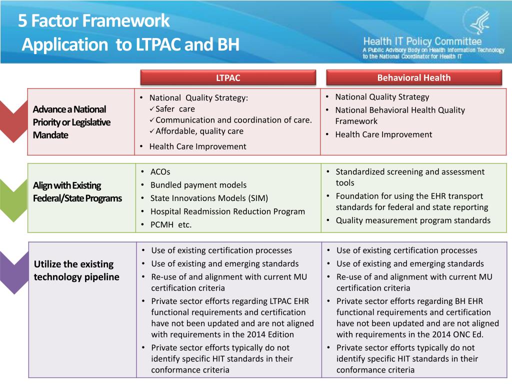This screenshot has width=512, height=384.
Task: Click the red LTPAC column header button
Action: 228,77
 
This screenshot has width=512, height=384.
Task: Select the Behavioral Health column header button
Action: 413,77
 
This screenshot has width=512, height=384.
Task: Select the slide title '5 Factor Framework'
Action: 94,21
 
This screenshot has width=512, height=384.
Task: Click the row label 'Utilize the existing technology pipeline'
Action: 76,270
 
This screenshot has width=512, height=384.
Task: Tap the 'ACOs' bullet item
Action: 160,172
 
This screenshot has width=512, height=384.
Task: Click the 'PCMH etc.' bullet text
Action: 171,224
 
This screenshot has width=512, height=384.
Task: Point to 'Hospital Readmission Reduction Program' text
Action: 227,211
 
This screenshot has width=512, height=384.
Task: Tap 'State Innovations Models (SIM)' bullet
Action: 209,198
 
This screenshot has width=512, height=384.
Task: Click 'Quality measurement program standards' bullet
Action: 413,220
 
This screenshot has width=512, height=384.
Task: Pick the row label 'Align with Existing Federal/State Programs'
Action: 77,192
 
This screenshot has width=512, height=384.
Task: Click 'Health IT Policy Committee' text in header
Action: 422,41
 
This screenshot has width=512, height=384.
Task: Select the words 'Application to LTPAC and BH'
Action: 130,45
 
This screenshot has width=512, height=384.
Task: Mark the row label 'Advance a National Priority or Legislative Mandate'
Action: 71,122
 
